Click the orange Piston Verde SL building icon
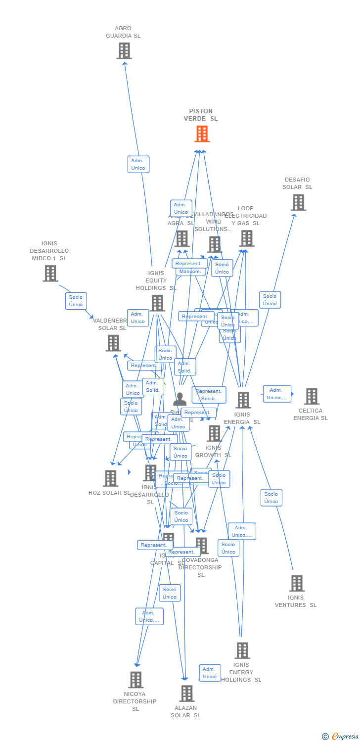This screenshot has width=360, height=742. pos(202,134)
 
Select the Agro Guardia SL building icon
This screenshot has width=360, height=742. pos(124,50)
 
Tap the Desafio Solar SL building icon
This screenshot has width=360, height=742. pos(298,202)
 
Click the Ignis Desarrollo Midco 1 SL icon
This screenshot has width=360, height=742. pos(50,273)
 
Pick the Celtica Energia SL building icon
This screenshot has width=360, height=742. pos(311,396)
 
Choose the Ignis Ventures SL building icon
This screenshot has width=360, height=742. pos(296,583)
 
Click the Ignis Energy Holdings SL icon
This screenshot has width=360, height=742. pos(242,650)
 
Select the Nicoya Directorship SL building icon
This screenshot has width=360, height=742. pos(135,680)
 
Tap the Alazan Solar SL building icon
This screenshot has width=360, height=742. pos(186,694)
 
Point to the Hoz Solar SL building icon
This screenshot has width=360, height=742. pos(110,478)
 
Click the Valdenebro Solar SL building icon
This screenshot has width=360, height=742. pos(113,343)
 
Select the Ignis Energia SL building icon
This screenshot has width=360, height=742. pos(243,400)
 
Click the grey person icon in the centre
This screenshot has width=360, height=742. pos(180,399)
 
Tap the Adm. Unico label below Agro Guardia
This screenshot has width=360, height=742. pos(138,164)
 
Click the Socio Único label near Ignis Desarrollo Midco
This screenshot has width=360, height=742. pos(76,301)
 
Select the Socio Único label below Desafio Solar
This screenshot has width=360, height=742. pos(270,300)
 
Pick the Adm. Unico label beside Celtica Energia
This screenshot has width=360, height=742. pos(277,394)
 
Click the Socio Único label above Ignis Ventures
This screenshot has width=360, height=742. pos(271,498)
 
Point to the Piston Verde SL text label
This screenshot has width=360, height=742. pos(201,115)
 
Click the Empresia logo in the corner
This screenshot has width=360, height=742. pos(340,737)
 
